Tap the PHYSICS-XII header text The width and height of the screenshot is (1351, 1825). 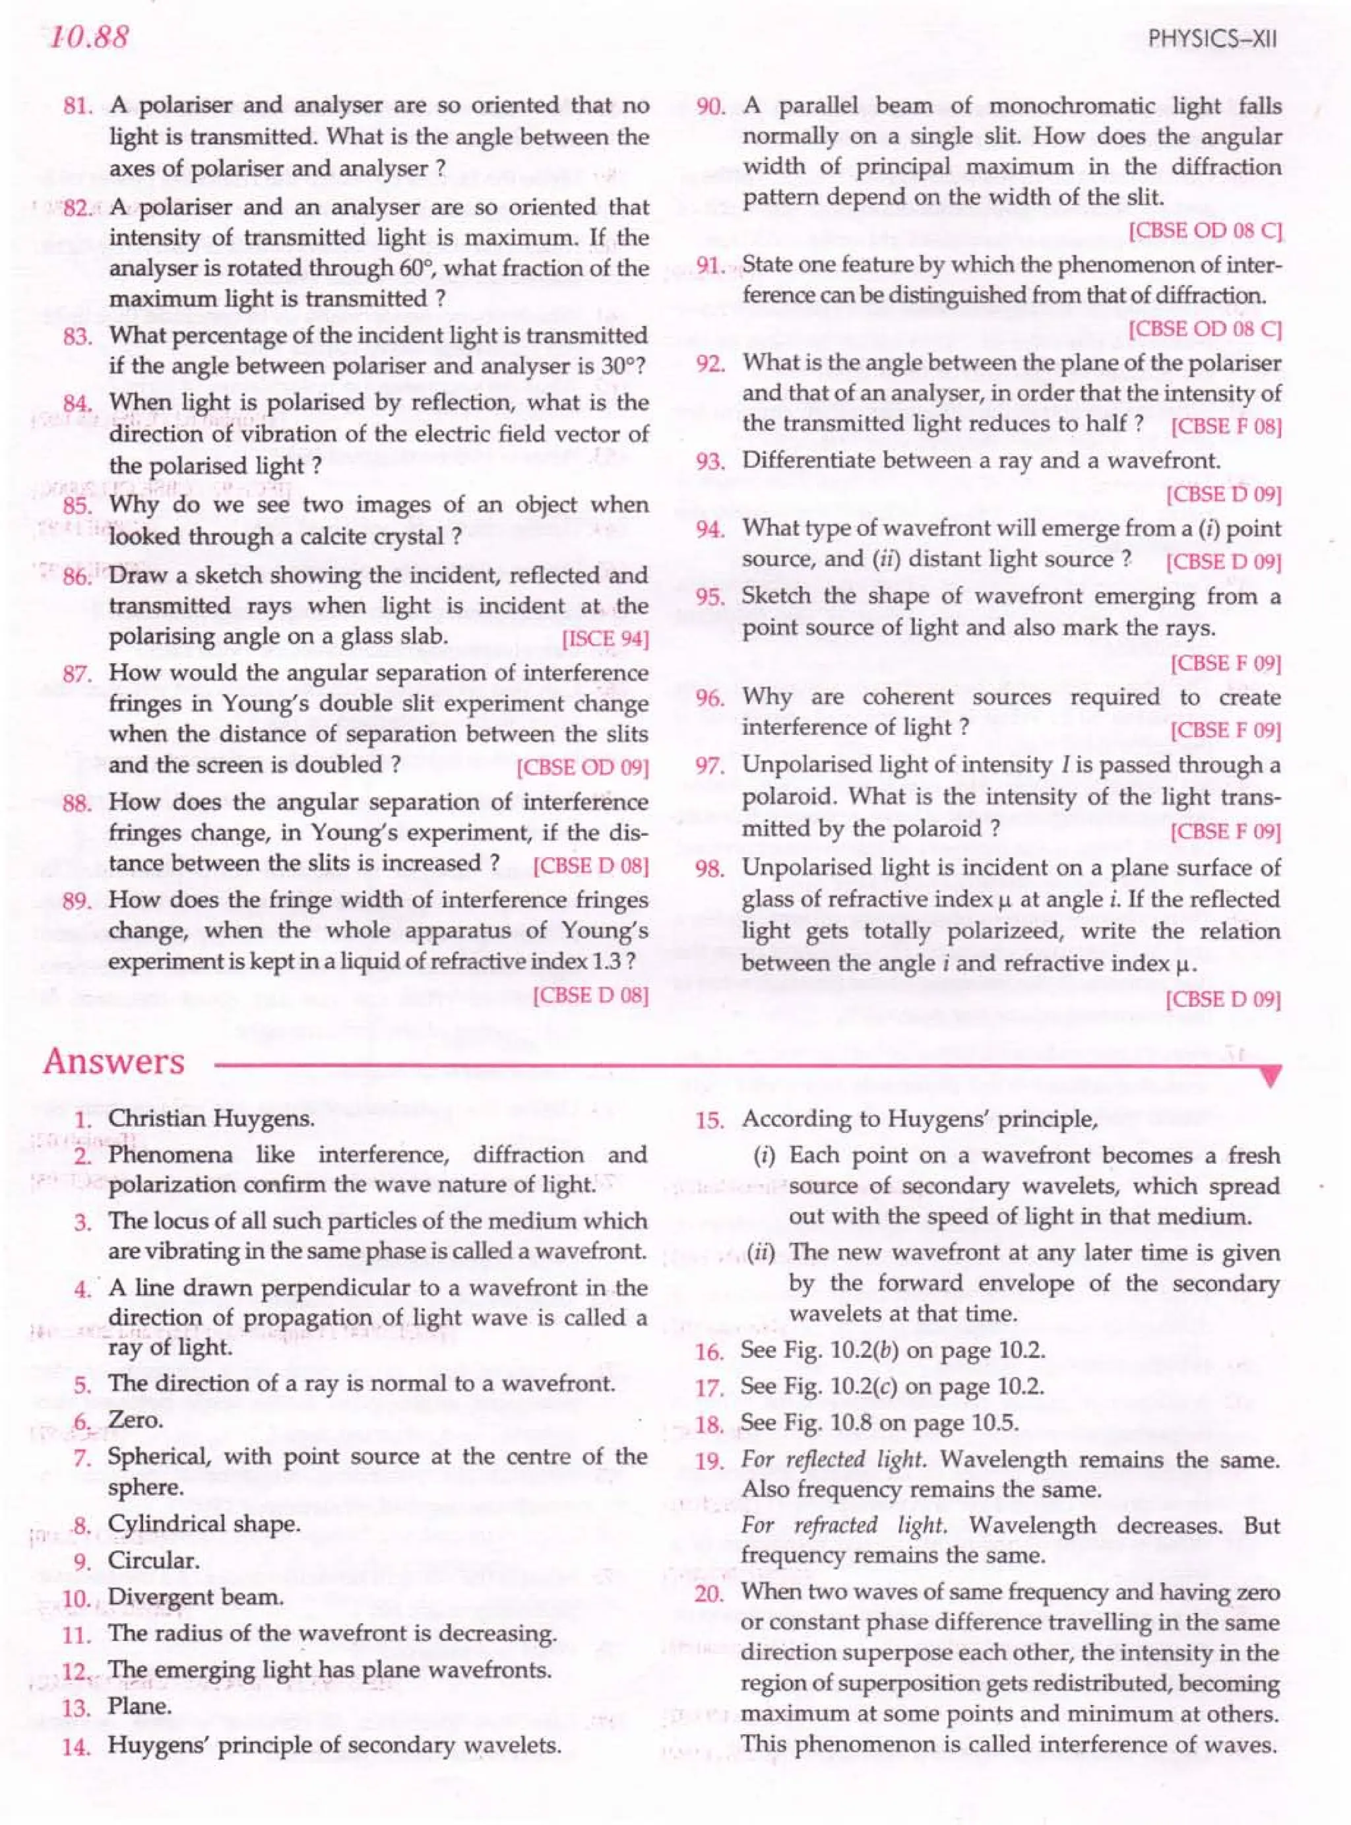click(1212, 40)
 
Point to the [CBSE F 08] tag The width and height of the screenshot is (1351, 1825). click(1225, 427)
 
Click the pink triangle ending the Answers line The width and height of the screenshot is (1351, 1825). click(1270, 1078)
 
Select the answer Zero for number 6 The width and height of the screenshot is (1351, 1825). click(136, 1420)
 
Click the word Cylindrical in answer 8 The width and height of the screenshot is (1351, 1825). click(157, 1525)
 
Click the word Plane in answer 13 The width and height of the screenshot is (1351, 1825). click(140, 1706)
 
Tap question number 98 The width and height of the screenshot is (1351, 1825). click(709, 869)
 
